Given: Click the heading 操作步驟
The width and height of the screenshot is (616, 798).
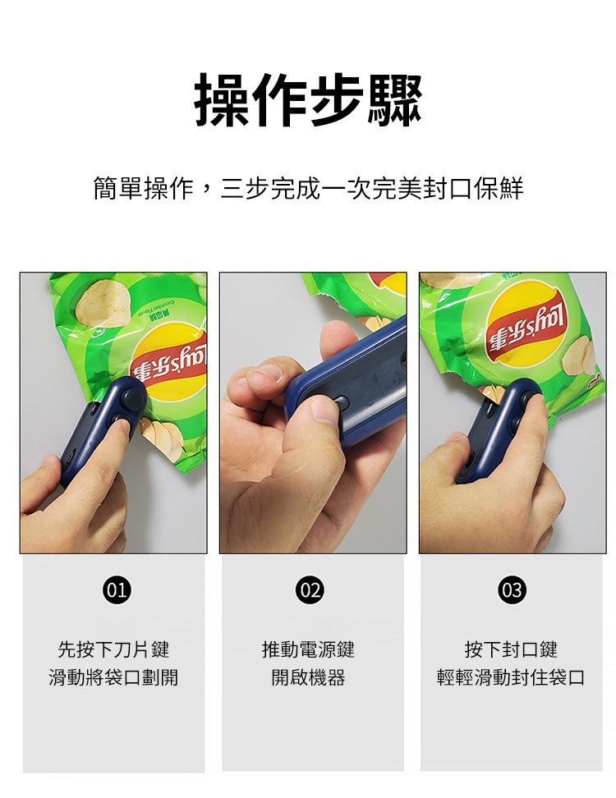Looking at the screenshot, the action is [x=308, y=100].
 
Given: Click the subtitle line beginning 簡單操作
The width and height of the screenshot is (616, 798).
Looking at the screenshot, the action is [x=308, y=188].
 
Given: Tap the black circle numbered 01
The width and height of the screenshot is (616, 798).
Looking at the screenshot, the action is [x=117, y=589].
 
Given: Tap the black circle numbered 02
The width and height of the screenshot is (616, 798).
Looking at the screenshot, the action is [x=310, y=589].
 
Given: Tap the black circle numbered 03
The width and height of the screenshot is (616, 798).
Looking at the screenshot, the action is [x=512, y=589].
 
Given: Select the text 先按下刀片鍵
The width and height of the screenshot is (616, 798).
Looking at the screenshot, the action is [x=113, y=649].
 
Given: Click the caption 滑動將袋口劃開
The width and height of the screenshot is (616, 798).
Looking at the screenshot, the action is [x=113, y=677].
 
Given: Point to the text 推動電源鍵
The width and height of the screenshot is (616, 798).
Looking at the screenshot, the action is [x=308, y=649].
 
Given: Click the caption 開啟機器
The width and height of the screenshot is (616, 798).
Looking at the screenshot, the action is [x=308, y=677].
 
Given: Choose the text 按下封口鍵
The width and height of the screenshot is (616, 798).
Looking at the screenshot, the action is [x=511, y=649].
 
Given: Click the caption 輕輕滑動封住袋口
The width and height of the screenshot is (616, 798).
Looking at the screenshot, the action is [x=511, y=677].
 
